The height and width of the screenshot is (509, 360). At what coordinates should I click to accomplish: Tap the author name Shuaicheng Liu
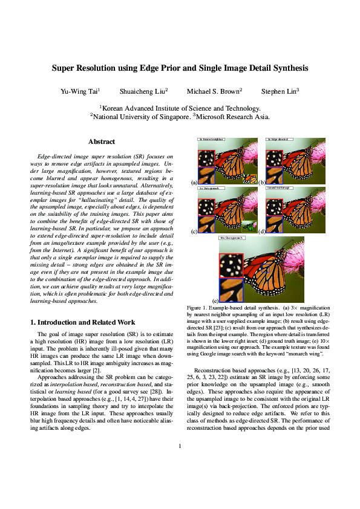point(143,91)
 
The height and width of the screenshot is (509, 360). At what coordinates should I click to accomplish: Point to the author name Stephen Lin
point(279,91)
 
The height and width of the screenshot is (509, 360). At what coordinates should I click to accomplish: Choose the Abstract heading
point(102,142)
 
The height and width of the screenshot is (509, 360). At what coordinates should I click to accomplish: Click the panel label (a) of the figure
point(194,182)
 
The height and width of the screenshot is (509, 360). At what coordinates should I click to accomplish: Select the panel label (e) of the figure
point(215,300)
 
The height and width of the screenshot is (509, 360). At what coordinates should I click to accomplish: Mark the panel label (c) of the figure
point(194,232)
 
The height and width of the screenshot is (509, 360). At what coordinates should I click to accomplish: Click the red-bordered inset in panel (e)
point(232,265)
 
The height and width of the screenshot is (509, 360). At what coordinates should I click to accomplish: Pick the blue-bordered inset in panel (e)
point(232,290)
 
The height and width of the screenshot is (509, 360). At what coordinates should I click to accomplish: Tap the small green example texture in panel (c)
point(248,227)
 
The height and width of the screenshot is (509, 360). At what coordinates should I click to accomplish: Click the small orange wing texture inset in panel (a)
point(249,179)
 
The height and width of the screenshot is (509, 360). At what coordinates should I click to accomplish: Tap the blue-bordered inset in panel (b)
point(273,175)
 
